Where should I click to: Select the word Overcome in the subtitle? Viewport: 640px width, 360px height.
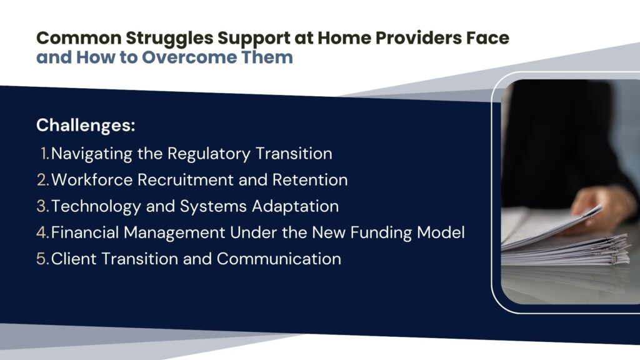click(x=189, y=57)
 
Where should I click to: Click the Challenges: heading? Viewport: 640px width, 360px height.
click(x=86, y=125)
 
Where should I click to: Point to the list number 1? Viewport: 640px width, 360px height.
click(x=45, y=154)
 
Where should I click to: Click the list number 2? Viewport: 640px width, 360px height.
click(x=43, y=180)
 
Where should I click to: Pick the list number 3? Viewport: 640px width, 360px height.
click(x=43, y=206)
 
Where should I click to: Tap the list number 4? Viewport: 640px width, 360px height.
click(x=43, y=232)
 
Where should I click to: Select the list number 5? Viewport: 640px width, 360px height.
click(x=43, y=259)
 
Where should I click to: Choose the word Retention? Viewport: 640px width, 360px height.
click(x=310, y=180)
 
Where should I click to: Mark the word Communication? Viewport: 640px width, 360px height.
click(x=279, y=259)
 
